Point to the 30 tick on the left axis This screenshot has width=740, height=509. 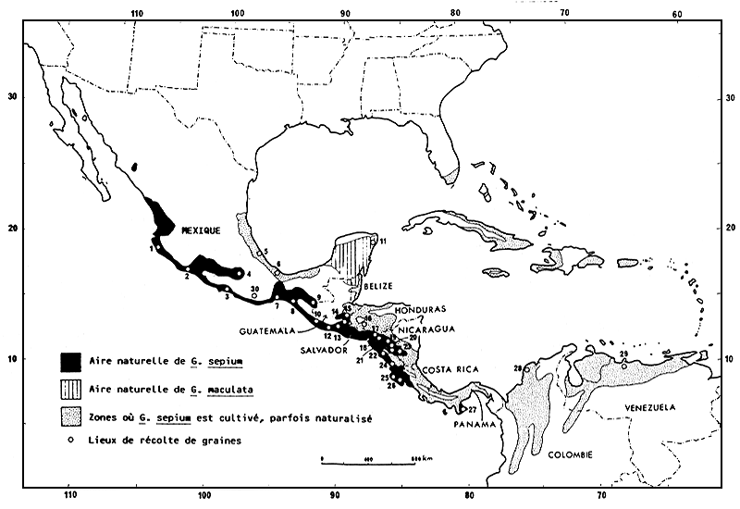[12, 95]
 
